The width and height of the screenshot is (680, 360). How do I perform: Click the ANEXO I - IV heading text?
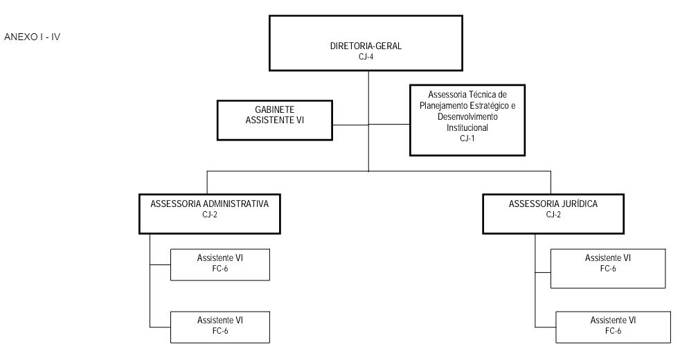point(32,37)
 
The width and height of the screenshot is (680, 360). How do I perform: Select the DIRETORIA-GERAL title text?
point(366,46)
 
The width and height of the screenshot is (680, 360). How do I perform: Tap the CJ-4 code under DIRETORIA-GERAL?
point(366,56)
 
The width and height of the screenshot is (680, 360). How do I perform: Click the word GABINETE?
point(274,110)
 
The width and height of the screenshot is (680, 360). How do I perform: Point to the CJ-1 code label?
point(467,138)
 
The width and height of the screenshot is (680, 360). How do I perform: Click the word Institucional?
point(467,127)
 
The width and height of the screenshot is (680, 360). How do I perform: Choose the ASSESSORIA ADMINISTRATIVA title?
point(209,204)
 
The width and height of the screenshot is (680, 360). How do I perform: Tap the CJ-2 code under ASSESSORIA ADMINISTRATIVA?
point(209,214)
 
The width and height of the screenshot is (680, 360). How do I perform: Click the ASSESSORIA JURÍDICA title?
point(553,204)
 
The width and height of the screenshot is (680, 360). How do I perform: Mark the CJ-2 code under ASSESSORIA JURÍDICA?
point(553,214)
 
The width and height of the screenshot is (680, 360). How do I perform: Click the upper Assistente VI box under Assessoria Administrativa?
point(220,264)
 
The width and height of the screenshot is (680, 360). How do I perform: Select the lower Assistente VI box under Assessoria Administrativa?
point(220,327)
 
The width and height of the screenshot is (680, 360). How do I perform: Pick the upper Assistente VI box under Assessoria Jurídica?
point(608,269)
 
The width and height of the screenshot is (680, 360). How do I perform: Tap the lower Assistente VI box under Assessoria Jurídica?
point(614,327)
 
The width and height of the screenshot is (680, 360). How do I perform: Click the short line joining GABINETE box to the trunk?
point(350,125)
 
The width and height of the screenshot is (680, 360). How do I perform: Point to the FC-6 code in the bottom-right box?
point(614,331)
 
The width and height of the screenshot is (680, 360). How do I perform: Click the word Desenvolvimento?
point(467,117)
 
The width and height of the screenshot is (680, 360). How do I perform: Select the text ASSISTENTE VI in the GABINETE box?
point(274,120)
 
